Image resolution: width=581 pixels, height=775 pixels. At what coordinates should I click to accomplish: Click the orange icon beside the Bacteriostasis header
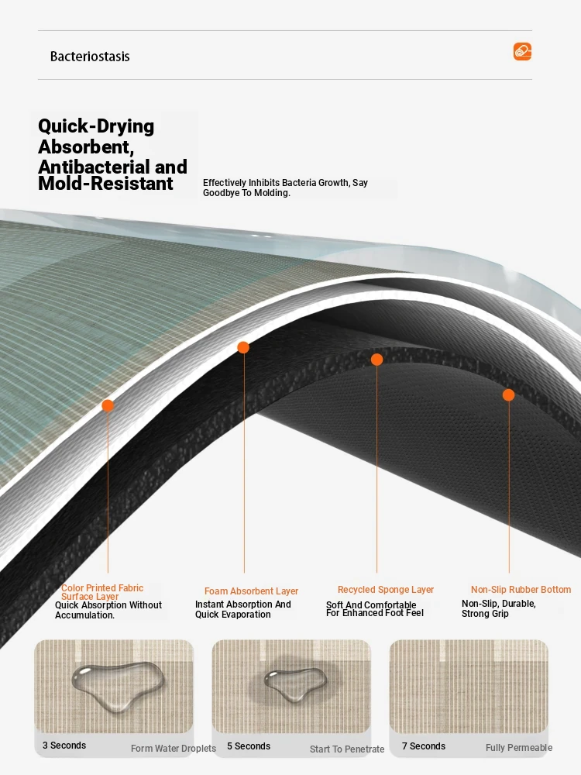tap(522, 51)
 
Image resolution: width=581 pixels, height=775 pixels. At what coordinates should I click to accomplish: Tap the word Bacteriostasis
tap(90, 57)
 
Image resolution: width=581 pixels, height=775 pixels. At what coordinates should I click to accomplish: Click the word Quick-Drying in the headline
tap(96, 126)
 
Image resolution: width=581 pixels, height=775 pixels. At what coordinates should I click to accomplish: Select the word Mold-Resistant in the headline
tap(105, 184)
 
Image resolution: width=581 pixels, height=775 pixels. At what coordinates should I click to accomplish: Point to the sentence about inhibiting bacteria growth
tap(286, 188)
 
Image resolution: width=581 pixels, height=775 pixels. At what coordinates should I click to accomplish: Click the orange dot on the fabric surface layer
tap(108, 406)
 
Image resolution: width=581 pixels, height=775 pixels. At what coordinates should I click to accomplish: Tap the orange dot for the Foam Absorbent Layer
tap(243, 347)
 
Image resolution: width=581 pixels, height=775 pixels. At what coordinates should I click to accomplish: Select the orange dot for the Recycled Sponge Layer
tap(377, 360)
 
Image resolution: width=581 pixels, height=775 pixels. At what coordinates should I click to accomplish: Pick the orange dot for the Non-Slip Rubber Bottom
tap(508, 395)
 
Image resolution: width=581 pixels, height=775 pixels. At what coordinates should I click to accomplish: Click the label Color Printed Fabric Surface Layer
tap(102, 592)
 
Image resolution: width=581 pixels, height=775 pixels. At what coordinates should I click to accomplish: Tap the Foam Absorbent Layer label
tap(252, 591)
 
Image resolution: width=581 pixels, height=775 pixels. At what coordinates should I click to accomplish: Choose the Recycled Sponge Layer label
tap(386, 590)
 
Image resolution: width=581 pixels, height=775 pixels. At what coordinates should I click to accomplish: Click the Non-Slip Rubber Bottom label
tap(521, 590)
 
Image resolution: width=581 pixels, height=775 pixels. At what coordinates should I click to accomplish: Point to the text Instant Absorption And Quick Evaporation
tap(243, 609)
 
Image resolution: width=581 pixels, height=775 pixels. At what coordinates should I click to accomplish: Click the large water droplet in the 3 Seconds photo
tap(118, 684)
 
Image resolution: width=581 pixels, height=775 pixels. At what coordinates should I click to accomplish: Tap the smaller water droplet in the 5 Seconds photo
tap(295, 684)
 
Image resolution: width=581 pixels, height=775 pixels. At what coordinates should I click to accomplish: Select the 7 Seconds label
tap(424, 746)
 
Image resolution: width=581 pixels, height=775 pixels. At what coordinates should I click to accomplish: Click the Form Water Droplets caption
tap(174, 749)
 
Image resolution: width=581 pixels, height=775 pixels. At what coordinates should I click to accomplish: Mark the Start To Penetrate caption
tap(347, 749)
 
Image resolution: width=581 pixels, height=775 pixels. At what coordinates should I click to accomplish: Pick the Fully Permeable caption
tap(519, 748)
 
